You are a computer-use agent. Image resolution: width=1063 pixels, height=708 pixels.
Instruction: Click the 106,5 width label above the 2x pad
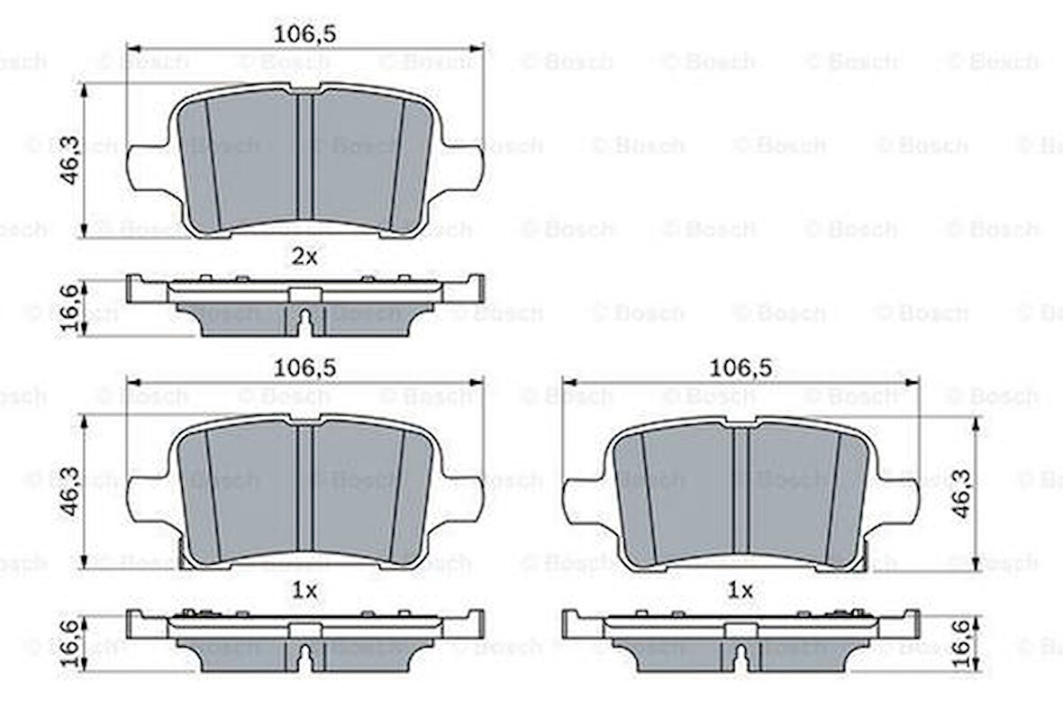(305, 33)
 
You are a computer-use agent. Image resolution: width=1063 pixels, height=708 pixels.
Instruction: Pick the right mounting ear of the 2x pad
(464, 167)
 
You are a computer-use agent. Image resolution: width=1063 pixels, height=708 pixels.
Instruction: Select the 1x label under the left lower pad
(305, 591)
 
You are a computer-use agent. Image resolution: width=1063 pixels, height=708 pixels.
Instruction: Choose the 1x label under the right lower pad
(740, 591)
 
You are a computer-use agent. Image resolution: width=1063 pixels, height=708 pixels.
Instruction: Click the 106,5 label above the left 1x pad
(305, 368)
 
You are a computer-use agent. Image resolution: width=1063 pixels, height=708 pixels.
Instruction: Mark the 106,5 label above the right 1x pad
(740, 368)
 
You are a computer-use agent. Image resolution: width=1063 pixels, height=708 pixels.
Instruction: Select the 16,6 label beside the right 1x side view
(963, 641)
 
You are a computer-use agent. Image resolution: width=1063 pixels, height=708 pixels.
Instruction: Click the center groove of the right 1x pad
(740, 490)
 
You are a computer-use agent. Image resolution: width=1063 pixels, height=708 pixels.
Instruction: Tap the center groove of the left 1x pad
(305, 490)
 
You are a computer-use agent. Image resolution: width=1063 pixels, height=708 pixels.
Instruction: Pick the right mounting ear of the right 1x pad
(899, 500)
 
